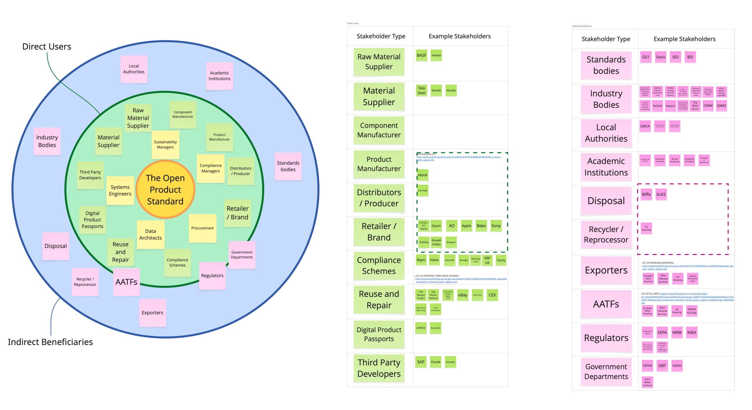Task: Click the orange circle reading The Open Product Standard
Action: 165,189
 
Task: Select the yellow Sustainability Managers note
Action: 165,144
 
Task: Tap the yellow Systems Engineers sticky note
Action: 120,190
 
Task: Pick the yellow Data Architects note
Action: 150,234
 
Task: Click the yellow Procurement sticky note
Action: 202,228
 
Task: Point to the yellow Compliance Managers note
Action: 211,168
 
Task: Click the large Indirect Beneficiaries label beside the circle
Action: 50,342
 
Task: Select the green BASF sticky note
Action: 421,55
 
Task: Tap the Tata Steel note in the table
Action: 421,90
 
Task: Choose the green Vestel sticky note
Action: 422,175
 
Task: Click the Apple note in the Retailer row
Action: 466,226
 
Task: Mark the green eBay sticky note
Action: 463,295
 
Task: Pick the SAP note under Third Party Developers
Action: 421,362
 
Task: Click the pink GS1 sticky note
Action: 646,57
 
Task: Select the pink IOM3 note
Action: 721,106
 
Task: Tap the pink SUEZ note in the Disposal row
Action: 661,194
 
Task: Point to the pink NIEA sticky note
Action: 691,332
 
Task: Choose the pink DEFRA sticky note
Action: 647,366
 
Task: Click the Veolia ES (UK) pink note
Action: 691,311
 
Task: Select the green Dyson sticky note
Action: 436,226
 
